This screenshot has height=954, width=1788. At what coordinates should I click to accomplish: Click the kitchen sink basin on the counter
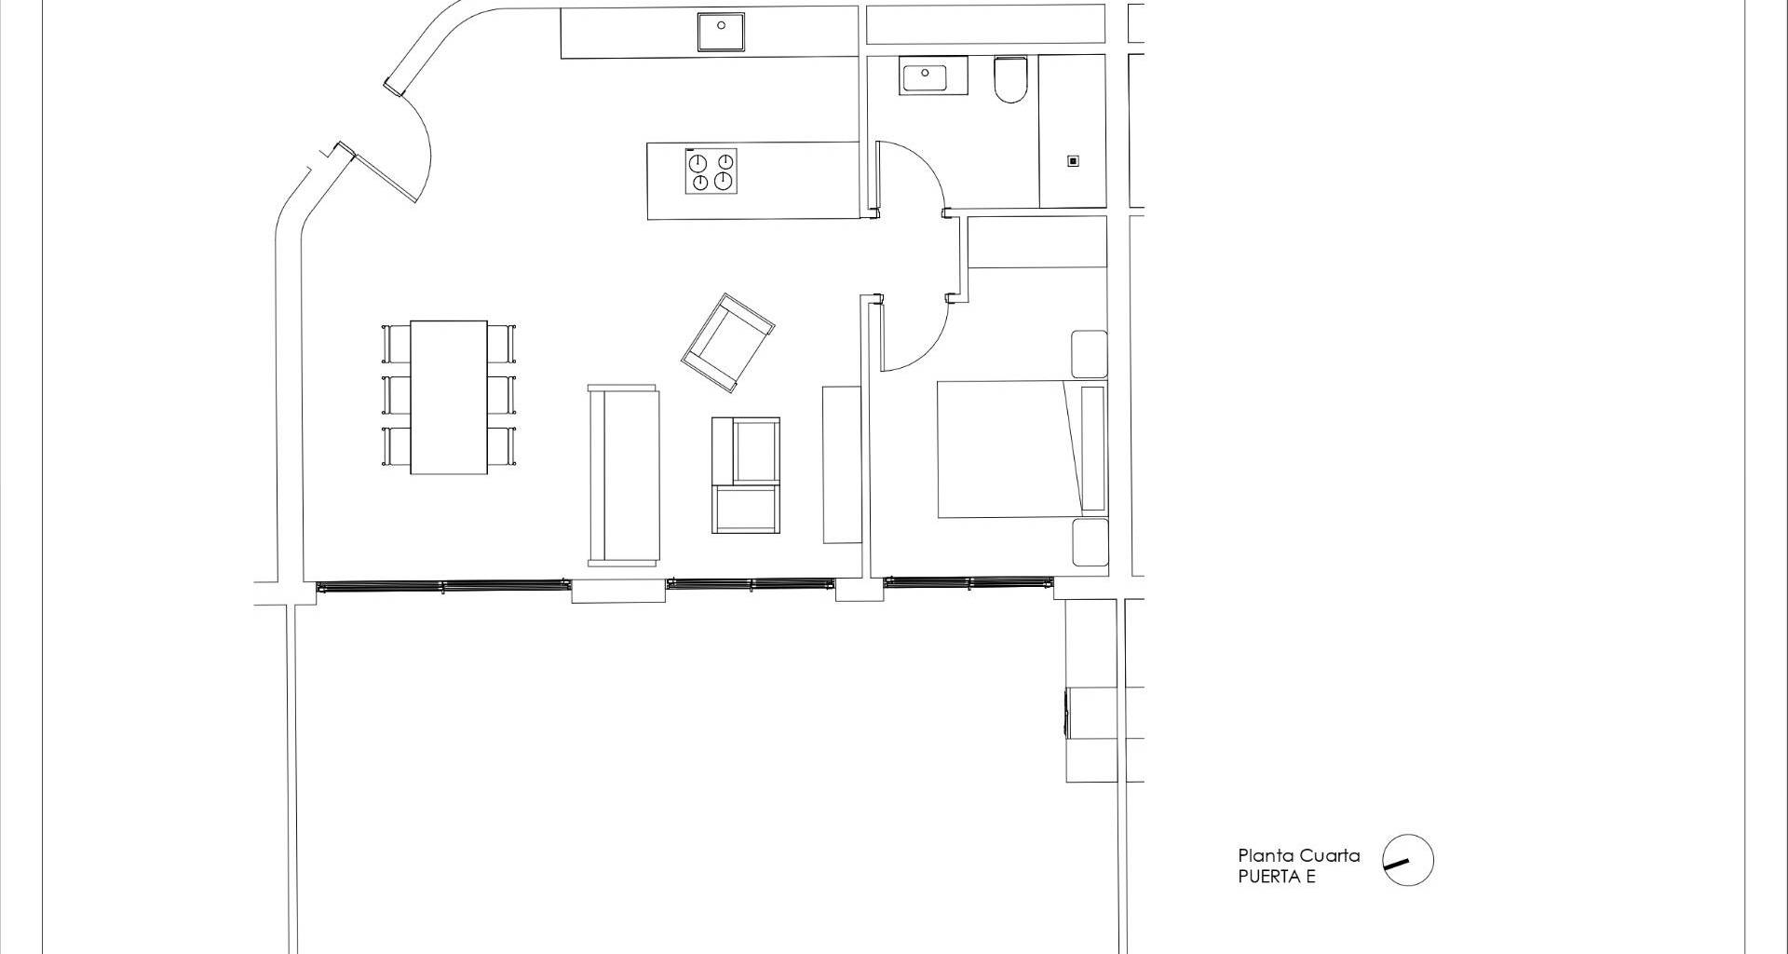click(x=722, y=32)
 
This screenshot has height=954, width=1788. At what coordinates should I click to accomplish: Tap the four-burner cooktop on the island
click(x=711, y=171)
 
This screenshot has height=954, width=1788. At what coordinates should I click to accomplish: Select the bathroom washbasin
click(x=934, y=75)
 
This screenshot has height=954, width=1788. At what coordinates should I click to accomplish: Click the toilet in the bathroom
click(x=1009, y=80)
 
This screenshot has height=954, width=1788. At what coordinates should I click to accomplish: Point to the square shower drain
click(x=1073, y=161)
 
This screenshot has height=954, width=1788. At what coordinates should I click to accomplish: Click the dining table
click(x=449, y=397)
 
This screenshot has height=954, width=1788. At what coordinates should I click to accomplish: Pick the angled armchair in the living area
click(x=727, y=343)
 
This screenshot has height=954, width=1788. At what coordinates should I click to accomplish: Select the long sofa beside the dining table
click(x=623, y=475)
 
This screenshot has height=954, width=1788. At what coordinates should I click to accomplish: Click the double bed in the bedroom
click(x=1022, y=448)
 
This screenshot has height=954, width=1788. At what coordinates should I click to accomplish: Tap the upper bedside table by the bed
click(x=1089, y=354)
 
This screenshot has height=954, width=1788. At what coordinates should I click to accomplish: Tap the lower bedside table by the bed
click(x=1090, y=542)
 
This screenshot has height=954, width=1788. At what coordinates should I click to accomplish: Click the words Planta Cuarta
click(x=1298, y=855)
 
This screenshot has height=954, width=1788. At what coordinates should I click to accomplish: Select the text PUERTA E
click(x=1277, y=877)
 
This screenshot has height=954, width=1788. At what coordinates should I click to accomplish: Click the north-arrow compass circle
click(x=1407, y=859)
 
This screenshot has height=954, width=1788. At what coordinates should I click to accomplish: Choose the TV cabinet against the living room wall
click(x=842, y=464)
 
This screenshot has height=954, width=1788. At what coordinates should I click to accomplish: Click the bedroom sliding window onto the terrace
click(x=968, y=583)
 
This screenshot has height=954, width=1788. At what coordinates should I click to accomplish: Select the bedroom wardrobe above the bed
click(x=1037, y=242)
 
